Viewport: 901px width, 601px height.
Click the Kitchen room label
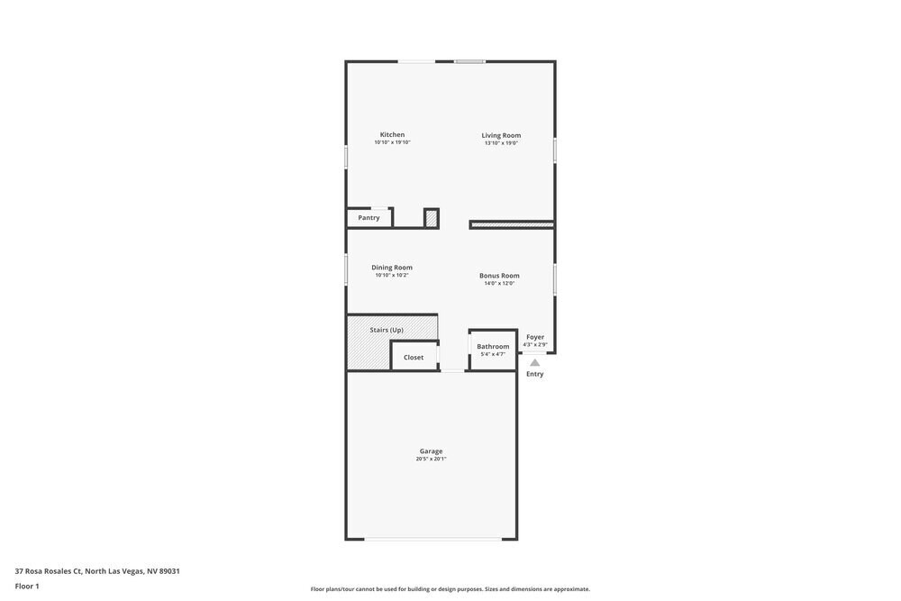click(392, 134)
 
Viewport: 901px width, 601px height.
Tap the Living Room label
click(501, 135)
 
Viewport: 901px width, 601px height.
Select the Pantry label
click(369, 217)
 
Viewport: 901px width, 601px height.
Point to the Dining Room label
click(392, 267)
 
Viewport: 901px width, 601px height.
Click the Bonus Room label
click(499, 275)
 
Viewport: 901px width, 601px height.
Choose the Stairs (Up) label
click(387, 330)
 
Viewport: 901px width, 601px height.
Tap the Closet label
click(414, 357)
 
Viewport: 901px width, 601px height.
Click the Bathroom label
click(493, 346)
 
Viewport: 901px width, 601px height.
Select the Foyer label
click(535, 336)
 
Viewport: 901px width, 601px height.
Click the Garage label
click(431, 451)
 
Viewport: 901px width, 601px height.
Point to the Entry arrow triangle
click(535, 362)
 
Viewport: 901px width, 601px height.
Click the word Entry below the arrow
click(535, 374)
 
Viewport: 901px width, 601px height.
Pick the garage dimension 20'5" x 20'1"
click(431, 459)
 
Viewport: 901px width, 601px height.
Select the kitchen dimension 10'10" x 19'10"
click(392, 142)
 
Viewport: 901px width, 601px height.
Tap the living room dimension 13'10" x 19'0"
click(501, 143)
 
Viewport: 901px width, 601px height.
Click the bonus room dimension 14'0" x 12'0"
click(499, 283)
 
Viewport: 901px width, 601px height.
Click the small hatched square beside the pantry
click(432, 218)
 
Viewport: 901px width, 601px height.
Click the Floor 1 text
click(27, 586)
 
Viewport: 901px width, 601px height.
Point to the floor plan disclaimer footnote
click(450, 589)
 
